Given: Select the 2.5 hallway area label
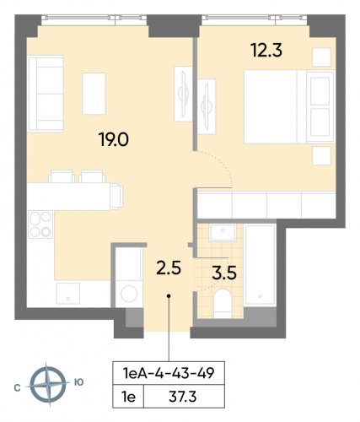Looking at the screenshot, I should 169,269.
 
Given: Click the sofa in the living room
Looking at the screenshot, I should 45,80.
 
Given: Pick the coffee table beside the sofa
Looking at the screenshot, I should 94,87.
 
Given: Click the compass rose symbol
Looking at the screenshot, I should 47,384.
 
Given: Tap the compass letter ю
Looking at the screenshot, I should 78,382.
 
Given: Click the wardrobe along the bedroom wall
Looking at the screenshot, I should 266,205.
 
